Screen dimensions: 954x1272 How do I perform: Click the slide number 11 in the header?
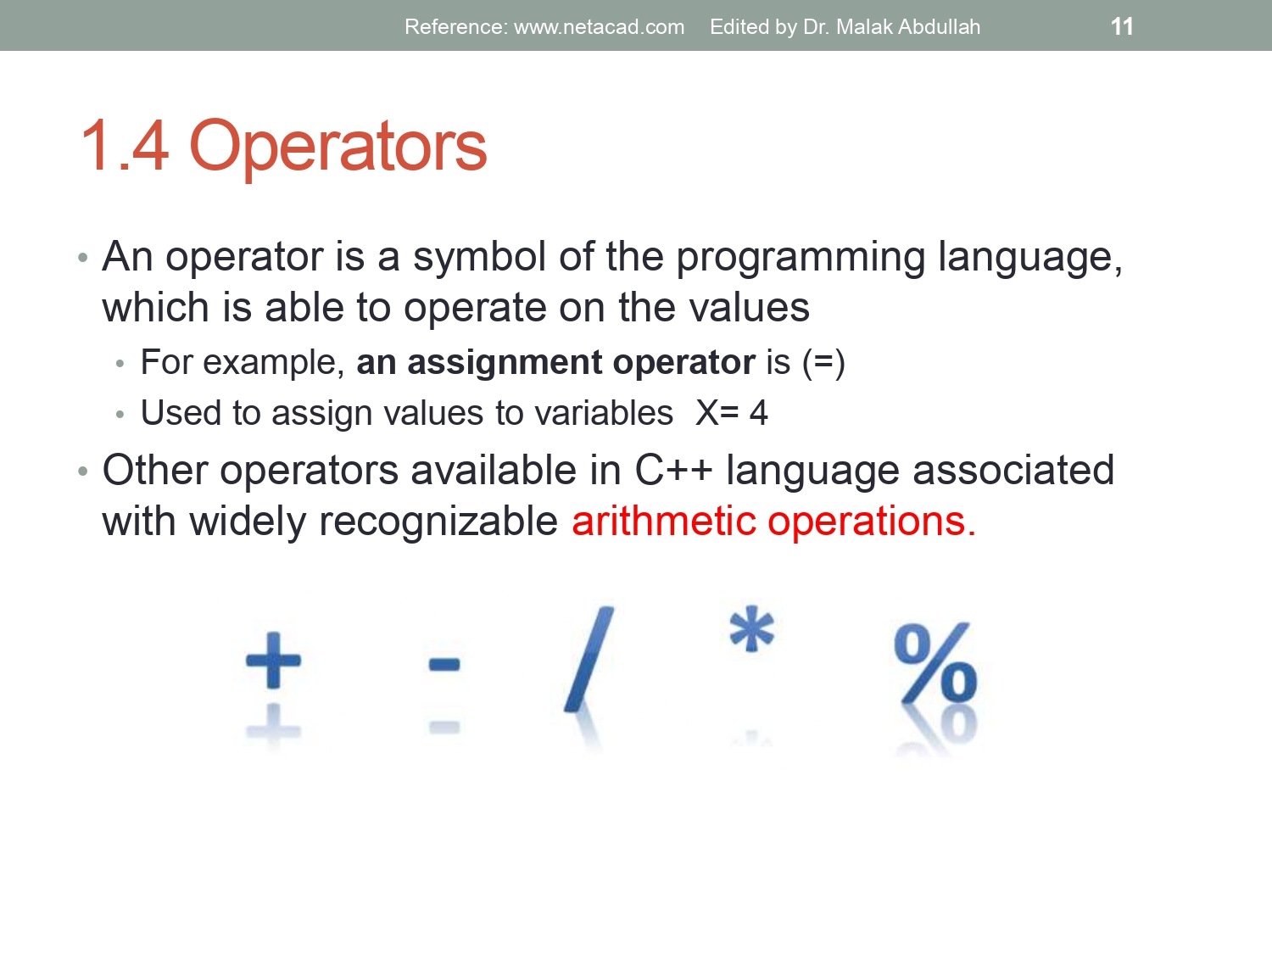click(x=1121, y=26)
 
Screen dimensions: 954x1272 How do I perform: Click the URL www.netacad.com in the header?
click(x=599, y=27)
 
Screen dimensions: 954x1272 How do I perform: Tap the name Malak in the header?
click(x=865, y=27)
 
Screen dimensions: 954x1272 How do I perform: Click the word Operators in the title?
click(x=338, y=146)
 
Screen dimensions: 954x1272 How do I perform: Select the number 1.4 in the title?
click(x=125, y=146)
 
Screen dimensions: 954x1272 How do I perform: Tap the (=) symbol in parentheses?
click(x=823, y=363)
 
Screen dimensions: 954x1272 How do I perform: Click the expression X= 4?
click(x=732, y=414)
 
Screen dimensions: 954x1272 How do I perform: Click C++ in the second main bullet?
click(x=673, y=471)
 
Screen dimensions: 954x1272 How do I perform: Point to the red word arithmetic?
click(x=663, y=522)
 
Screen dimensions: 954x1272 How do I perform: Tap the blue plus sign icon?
click(x=273, y=660)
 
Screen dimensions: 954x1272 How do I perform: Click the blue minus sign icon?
click(x=444, y=664)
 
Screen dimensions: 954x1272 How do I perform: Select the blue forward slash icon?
click(x=589, y=659)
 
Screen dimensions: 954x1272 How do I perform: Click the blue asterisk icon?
click(x=751, y=628)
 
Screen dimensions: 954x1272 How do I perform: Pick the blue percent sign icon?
click(x=935, y=664)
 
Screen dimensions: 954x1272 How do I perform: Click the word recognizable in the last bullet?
click(x=438, y=522)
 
